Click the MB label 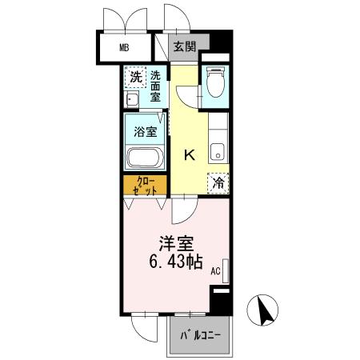tap(124, 47)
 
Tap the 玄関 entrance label tap(185, 46)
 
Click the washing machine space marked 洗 tap(136, 77)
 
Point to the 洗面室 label tap(154, 85)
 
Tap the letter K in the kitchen tap(190, 154)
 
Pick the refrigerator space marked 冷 tap(217, 182)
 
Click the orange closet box tap(145, 185)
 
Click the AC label tap(214, 272)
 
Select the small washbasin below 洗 tap(131, 98)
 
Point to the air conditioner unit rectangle tap(225, 270)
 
